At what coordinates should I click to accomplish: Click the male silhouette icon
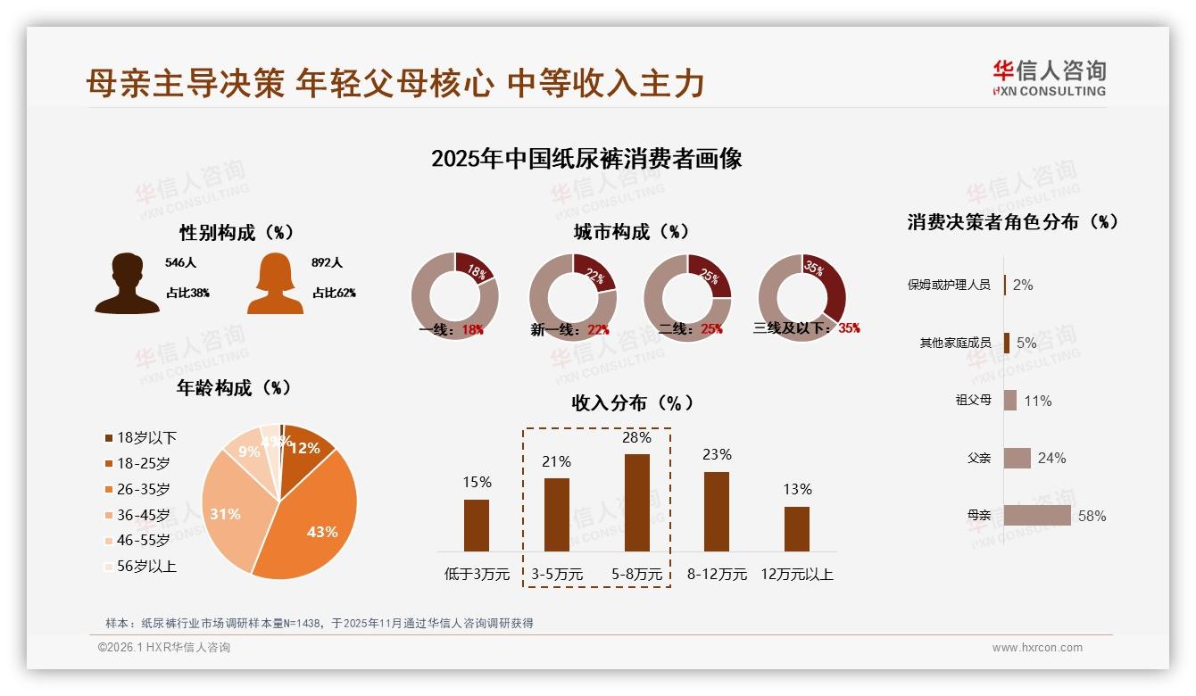click(127, 284)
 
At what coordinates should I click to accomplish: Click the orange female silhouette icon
click(275, 284)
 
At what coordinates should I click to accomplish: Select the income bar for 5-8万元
click(636, 502)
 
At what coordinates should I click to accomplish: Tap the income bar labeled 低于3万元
click(477, 525)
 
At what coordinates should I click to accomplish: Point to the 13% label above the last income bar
click(797, 489)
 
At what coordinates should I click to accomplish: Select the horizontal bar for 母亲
click(1037, 516)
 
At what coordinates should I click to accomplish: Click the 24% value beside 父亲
click(1051, 458)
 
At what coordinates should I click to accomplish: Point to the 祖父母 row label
click(973, 400)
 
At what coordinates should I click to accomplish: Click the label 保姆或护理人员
click(949, 285)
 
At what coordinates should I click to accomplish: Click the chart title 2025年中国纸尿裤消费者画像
click(586, 159)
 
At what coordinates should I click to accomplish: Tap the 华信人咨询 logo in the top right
click(1049, 78)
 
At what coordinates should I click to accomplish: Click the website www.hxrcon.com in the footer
click(1037, 648)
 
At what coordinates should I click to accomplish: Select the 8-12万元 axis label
click(717, 574)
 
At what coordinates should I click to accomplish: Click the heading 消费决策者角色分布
click(1013, 221)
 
